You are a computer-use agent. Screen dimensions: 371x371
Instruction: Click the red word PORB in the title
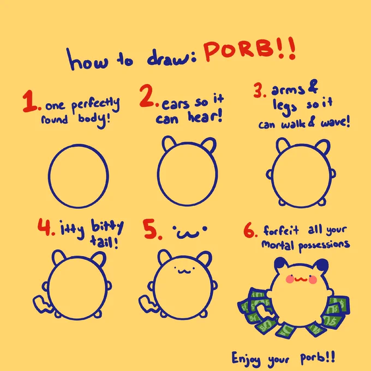(x=239, y=50)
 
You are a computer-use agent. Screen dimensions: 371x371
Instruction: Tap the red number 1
(x=29, y=101)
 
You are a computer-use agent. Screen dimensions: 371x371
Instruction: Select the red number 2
(x=147, y=95)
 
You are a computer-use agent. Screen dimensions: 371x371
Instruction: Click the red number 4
(x=44, y=227)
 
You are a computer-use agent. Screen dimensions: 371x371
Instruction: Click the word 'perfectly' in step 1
(x=95, y=105)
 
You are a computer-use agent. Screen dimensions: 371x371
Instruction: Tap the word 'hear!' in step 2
(x=205, y=116)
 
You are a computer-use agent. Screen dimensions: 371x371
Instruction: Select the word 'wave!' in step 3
(x=335, y=122)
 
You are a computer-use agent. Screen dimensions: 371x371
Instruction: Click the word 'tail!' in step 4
(x=104, y=242)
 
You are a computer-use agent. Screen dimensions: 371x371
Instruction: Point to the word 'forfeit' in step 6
(x=281, y=230)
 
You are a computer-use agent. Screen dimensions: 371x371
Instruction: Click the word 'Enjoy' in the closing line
(x=246, y=359)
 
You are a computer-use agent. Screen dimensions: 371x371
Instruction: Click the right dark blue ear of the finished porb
(x=322, y=265)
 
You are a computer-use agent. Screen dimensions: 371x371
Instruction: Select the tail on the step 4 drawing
(x=43, y=304)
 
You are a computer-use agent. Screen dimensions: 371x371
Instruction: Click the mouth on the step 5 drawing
(x=184, y=271)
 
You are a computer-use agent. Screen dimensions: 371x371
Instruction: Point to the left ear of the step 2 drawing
(x=169, y=143)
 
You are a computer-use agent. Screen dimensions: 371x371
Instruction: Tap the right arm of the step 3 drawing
(x=332, y=174)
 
